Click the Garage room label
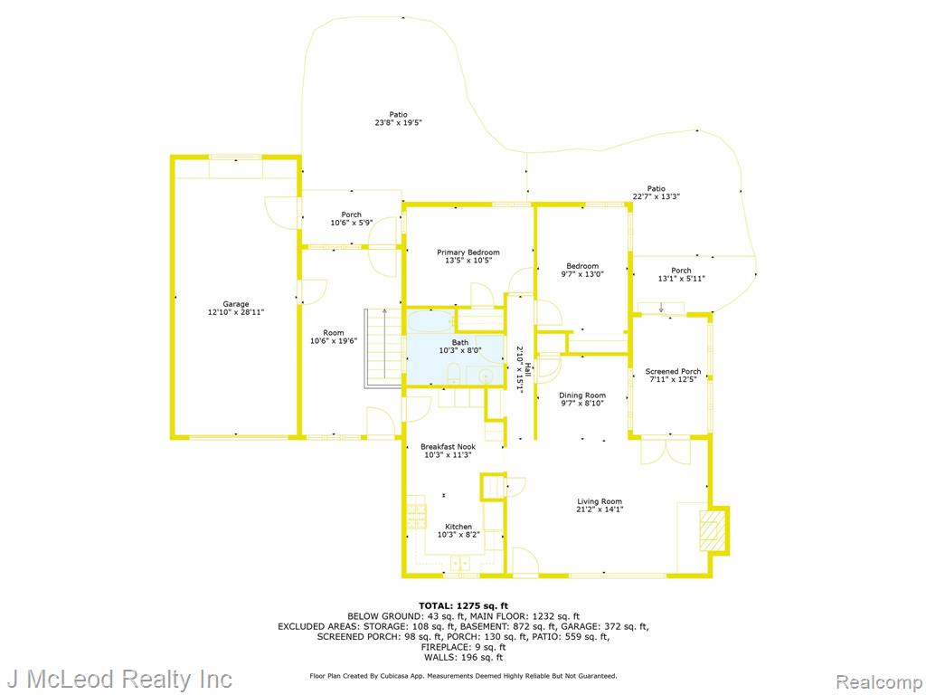pos(236,304)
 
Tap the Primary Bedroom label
pos(468,252)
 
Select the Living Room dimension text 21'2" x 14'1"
pos(600,509)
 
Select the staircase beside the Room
pos(383,348)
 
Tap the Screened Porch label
pos(673,372)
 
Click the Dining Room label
pos(582,395)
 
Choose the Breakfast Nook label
pos(449,447)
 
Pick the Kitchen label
pos(458,527)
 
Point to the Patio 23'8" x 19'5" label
pos(398,119)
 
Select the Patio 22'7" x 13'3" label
pos(657,193)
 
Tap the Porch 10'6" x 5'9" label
pos(352,219)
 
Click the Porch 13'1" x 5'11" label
pos(681,274)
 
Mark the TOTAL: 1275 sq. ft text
pos(463,605)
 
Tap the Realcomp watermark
pos(879,682)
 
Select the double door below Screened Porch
pos(666,451)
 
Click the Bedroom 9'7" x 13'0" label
pos(582,270)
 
